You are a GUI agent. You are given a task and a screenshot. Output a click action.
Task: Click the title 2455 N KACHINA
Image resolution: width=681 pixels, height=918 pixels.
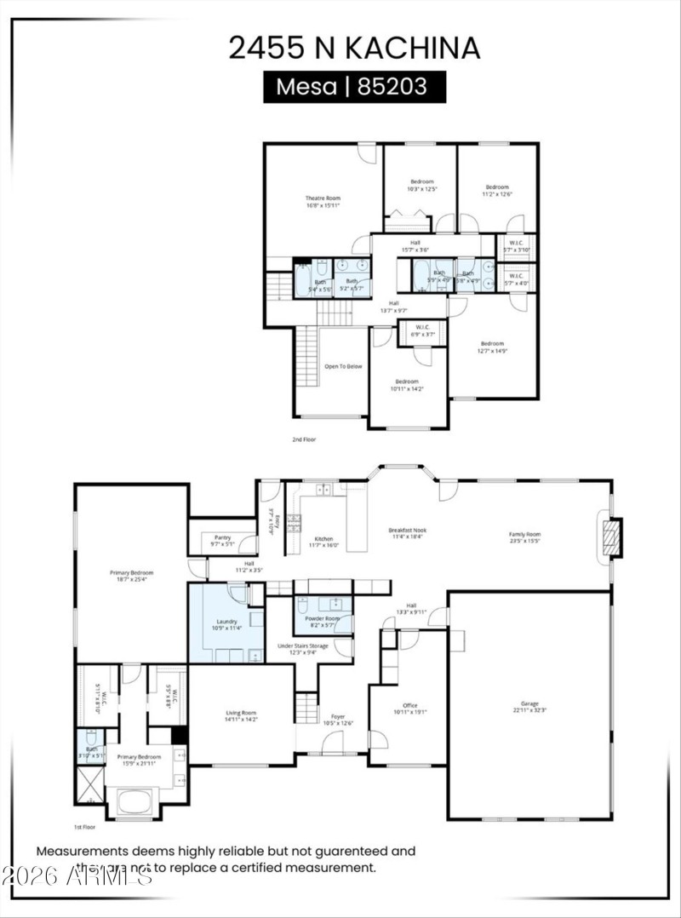tap(354, 48)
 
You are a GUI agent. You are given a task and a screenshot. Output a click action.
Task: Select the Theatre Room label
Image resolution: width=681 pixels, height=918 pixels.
tap(323, 202)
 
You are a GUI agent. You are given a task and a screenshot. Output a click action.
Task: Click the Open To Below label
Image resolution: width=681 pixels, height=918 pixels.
tap(343, 366)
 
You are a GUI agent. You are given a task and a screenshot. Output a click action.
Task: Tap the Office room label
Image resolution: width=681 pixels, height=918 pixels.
tap(409, 709)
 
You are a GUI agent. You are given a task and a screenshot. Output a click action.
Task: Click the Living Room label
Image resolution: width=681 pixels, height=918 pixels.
tap(241, 716)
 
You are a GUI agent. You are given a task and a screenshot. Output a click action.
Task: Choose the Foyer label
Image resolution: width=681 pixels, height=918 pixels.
tap(338, 720)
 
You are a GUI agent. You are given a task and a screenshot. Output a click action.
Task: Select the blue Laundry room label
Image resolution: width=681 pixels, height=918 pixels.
tap(226, 625)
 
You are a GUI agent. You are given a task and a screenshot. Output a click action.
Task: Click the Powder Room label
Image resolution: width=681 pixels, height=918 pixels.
tap(323, 622)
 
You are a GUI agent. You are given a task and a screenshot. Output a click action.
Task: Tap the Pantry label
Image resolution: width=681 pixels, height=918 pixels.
tap(222, 541)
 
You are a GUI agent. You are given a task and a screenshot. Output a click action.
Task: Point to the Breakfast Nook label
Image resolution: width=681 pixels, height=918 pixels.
tap(408, 533)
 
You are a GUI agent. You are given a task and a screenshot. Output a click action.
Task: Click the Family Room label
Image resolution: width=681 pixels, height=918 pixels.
tap(524, 537)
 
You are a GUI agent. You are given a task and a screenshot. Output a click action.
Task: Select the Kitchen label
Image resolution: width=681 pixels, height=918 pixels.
tap(323, 542)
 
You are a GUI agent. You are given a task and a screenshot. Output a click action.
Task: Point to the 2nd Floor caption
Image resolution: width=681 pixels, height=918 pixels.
tap(304, 440)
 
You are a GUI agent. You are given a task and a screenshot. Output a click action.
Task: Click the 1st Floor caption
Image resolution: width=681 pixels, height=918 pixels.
tap(83, 827)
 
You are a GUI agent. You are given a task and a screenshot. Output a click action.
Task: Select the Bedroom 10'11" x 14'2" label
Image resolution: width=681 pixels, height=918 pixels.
tap(406, 385)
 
